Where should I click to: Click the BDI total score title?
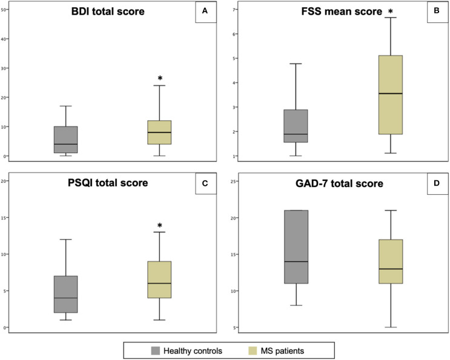[108, 11]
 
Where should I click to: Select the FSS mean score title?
[342, 11]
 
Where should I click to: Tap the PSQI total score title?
[108, 183]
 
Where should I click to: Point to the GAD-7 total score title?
[339, 183]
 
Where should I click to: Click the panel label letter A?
[205, 11]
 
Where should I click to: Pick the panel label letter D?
[437, 183]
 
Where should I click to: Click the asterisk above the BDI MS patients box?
[160, 78]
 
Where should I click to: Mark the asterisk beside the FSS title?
[390, 11]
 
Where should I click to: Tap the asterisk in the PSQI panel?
[160, 225]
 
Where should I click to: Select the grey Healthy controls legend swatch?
[156, 351]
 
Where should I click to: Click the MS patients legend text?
[282, 351]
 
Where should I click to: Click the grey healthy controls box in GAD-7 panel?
[296, 247]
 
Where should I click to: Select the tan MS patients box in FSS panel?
[391, 94]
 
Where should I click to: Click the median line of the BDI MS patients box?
[159, 133]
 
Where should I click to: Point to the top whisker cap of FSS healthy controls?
[296, 64]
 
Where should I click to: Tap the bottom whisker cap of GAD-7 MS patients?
[391, 327]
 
